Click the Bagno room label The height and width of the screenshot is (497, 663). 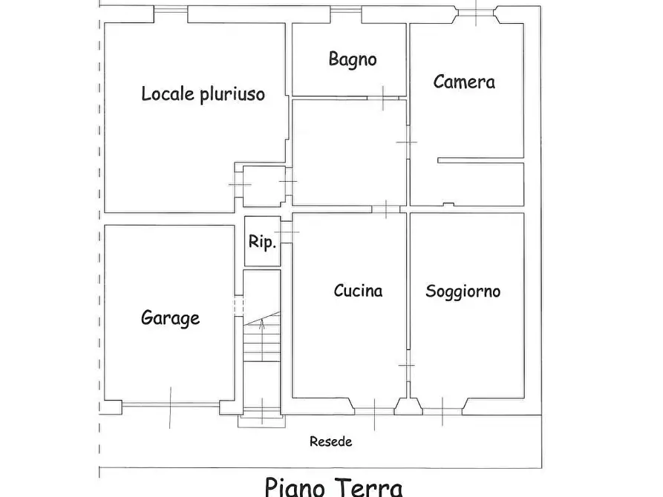[353, 59]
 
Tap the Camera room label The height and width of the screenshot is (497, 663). [464, 82]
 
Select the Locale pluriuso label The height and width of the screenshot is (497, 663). [203, 94]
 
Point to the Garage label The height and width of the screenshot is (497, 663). [170, 318]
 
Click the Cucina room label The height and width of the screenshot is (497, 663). [358, 291]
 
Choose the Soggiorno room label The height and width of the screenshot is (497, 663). [463, 291]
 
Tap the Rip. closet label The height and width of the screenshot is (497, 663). [262, 242]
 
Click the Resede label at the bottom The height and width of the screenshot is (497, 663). [330, 442]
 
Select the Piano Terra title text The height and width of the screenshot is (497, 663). [333, 487]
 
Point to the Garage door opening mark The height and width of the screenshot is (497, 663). [170, 405]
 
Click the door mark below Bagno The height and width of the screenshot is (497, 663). [383, 97]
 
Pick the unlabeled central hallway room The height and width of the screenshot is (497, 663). [349, 152]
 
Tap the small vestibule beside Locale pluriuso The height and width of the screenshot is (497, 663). [264, 185]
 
